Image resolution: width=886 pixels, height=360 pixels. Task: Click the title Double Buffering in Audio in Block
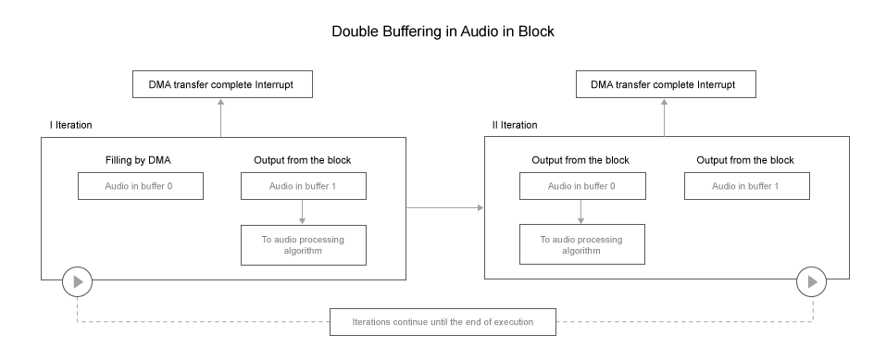443,31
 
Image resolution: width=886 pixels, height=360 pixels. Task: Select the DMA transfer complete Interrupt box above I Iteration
221,85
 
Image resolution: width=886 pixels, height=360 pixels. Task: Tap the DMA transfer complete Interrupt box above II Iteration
664,85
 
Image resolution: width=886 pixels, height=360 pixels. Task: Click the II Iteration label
514,125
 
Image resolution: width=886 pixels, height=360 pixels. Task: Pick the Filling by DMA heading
137,160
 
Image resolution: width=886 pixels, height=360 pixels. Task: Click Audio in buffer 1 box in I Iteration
303,186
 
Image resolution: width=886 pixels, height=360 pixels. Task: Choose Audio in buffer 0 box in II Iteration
580,186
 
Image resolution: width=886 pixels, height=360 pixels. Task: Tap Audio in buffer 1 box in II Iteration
746,186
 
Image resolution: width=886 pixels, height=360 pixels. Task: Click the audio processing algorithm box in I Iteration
303,243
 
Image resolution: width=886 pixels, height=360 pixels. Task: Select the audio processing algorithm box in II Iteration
580,243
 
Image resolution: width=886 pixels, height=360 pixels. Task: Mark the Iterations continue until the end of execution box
443,323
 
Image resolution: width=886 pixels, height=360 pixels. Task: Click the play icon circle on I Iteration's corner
77,280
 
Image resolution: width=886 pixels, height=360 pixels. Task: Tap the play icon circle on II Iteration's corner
810,280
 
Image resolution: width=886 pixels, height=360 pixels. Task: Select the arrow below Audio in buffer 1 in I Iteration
303,212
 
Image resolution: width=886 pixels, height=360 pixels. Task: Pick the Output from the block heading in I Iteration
303,160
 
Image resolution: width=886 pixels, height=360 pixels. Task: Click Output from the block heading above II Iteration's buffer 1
746,160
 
